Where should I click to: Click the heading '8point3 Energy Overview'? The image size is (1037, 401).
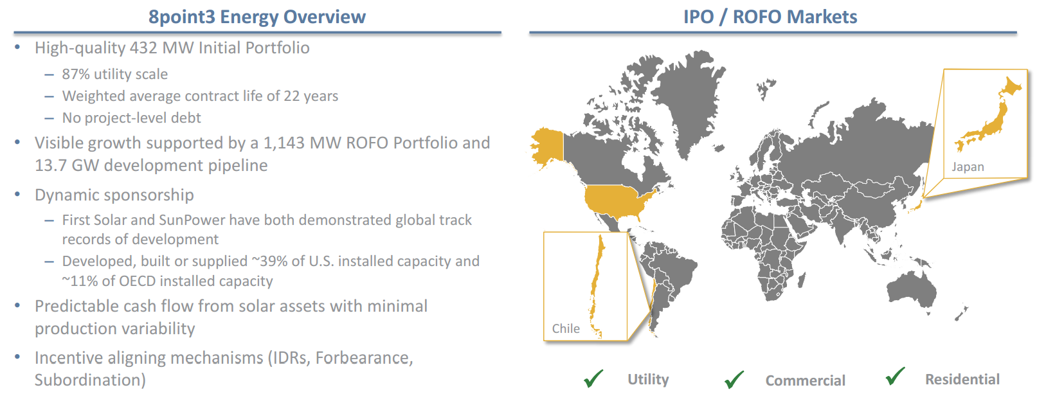pos(257,17)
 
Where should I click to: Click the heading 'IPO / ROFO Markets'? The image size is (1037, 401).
pos(770,17)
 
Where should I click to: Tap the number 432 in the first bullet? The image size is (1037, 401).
pos(143,48)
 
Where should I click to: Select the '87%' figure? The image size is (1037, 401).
pos(76,74)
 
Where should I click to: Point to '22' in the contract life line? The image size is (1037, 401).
pos(291,96)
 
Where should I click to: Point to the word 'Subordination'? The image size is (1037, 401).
pos(87,380)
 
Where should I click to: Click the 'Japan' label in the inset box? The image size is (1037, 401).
pos(968,166)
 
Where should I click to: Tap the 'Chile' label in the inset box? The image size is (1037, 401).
pos(566,328)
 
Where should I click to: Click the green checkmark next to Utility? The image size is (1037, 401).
pos(593,378)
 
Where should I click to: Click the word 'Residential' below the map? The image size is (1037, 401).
pos(962,379)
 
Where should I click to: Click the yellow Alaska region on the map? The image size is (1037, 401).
pos(548,147)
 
